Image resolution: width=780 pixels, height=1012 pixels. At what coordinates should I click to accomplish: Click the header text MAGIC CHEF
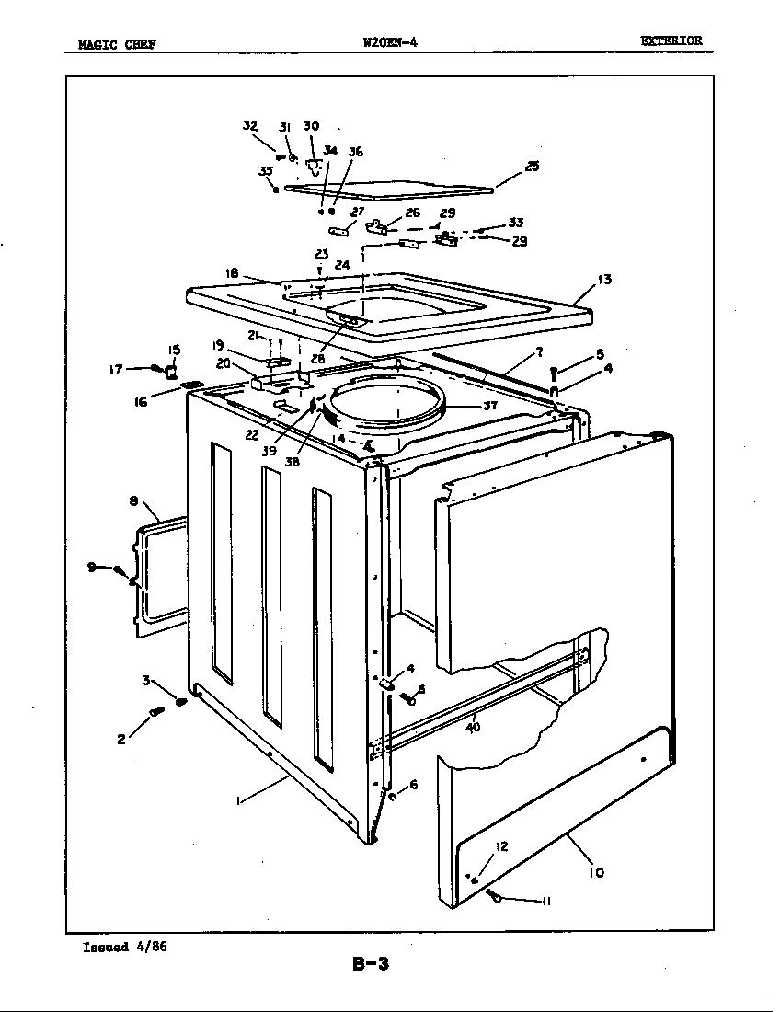click(115, 43)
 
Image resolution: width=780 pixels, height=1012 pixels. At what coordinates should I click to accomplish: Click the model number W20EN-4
click(391, 40)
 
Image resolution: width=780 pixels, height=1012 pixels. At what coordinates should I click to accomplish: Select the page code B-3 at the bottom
click(371, 965)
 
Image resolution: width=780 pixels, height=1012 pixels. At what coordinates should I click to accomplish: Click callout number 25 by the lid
click(532, 167)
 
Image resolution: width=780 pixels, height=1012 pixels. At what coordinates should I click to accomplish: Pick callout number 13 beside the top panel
click(604, 280)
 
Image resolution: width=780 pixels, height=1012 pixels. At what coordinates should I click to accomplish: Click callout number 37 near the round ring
click(490, 405)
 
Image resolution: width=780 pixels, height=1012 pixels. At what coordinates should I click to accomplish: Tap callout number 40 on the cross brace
click(473, 727)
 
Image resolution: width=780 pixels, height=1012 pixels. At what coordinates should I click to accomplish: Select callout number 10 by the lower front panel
click(596, 871)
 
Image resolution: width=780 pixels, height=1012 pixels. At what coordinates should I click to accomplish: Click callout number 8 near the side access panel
click(133, 501)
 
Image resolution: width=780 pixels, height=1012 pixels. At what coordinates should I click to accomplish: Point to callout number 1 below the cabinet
click(239, 801)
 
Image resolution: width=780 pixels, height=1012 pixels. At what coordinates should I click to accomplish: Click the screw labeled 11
click(497, 896)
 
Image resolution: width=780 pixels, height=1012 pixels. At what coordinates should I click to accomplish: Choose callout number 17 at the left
click(116, 370)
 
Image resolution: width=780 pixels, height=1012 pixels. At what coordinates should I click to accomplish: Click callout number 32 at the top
click(249, 126)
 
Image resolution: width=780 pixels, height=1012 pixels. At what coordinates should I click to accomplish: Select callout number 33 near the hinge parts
click(516, 223)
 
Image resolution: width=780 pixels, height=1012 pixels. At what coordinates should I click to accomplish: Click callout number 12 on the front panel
click(500, 846)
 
